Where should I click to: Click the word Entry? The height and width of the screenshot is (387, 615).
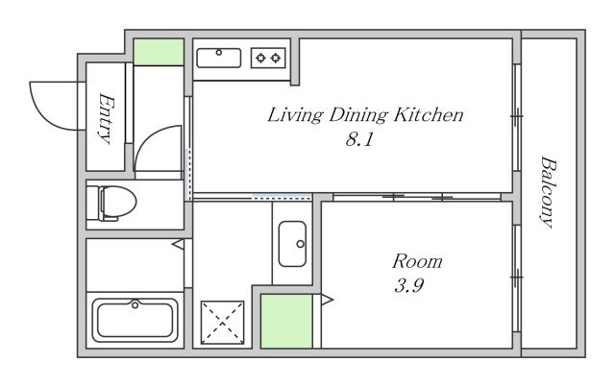(x=106, y=118)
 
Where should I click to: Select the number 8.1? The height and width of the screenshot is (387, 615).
(x=359, y=139)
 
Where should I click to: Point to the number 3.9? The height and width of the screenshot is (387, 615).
(x=408, y=285)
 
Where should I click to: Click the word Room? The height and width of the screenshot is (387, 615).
(x=417, y=261)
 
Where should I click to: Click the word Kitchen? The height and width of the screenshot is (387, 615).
(x=429, y=114)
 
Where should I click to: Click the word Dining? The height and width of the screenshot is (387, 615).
(x=358, y=115)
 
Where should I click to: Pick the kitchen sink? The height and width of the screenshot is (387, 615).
(x=219, y=58)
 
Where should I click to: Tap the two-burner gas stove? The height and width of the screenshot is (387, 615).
(x=268, y=58)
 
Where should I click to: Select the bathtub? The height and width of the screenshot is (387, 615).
(x=135, y=321)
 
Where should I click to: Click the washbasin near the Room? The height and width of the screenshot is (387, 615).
(x=292, y=244)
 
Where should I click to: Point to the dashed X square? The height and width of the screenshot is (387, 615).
(x=222, y=323)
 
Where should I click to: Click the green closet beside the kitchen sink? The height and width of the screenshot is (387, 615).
(x=159, y=52)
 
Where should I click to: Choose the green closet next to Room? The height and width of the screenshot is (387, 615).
(x=286, y=322)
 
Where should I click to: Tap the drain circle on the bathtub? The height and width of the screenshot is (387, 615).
(x=135, y=304)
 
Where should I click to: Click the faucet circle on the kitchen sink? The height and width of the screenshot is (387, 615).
(x=219, y=53)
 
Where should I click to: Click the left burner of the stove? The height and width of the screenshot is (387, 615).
(x=260, y=58)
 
